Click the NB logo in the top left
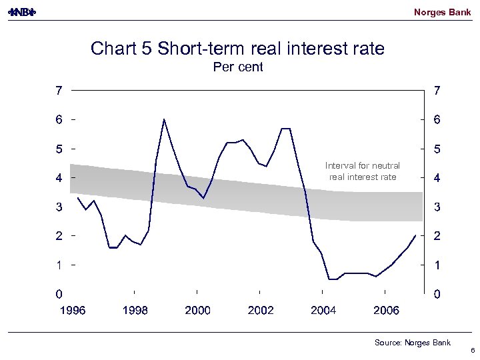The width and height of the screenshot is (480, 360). pos(23,12)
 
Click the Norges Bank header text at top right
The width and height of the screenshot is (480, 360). pos(442,12)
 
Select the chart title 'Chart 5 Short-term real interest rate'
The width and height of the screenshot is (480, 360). pos(237,49)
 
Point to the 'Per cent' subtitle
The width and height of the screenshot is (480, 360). pos(237,67)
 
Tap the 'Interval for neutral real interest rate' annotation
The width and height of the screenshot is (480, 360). pos(363,171)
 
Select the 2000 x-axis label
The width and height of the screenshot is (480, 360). pos(197,310)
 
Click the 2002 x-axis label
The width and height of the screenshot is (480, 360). pos(261,310)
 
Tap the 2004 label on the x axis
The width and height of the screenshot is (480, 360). pos(323,310)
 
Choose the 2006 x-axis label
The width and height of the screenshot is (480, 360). pos(387,310)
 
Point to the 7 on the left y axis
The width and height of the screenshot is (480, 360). pos(59,91)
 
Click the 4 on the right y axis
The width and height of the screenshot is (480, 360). pos(436,178)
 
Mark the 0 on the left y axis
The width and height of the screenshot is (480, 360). pos(59,293)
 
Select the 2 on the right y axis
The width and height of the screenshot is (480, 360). pos(436,236)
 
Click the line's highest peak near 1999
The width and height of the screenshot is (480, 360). pos(164,119)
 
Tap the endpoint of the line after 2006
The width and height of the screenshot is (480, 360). pos(416,235)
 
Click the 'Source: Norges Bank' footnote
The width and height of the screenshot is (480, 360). pos(412,343)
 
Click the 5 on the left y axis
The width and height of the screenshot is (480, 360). pos(59,149)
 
